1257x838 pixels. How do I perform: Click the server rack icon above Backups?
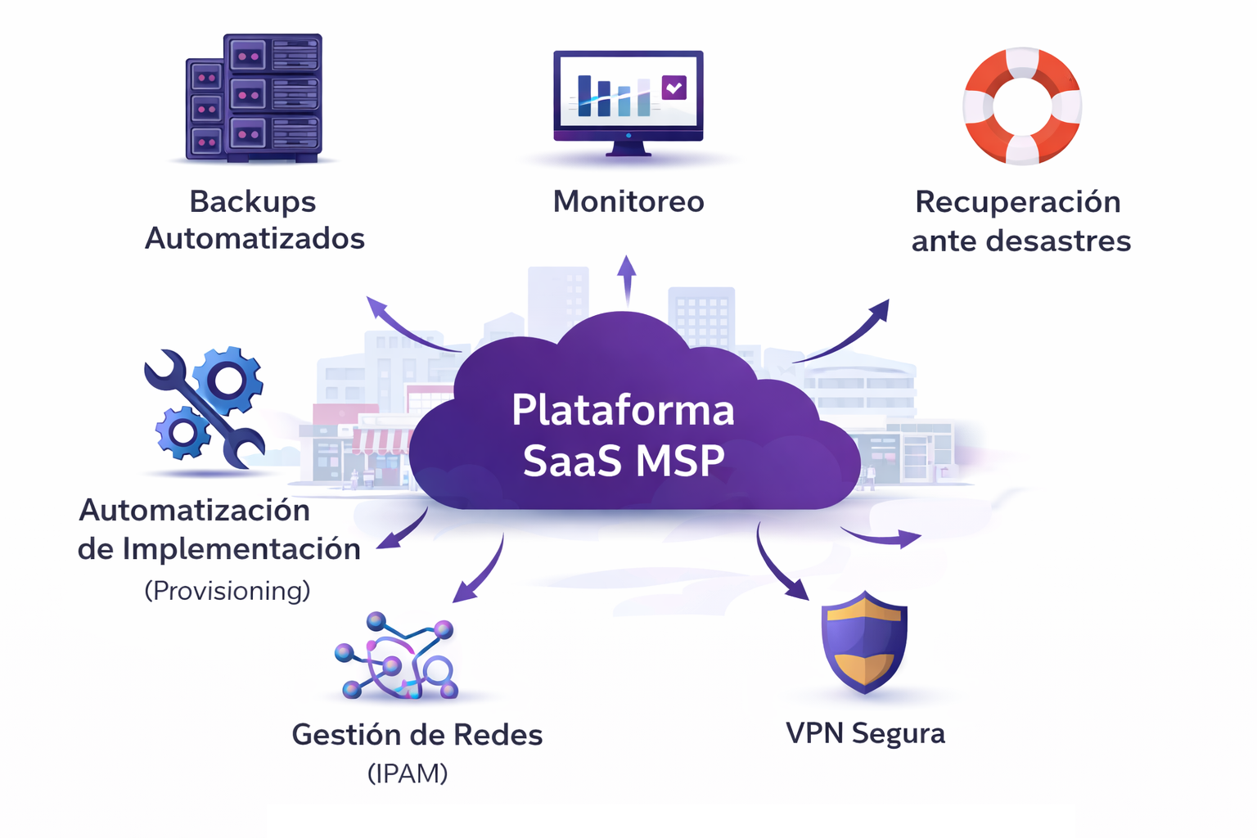point(254,98)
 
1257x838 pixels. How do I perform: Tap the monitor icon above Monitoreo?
point(628,100)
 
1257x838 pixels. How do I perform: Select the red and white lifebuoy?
point(1022,106)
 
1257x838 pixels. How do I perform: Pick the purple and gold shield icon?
point(864,642)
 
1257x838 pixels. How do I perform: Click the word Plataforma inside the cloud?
point(623,410)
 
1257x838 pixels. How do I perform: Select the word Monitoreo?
point(628,201)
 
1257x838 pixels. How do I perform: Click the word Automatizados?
point(255,239)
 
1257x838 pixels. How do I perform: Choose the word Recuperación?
point(1017,202)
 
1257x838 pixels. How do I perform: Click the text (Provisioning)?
point(228,590)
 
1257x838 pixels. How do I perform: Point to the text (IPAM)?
point(408,773)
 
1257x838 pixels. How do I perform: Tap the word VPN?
point(814,733)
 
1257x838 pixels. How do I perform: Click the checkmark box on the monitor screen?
point(674,87)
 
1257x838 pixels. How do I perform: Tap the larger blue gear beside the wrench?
point(229,380)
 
